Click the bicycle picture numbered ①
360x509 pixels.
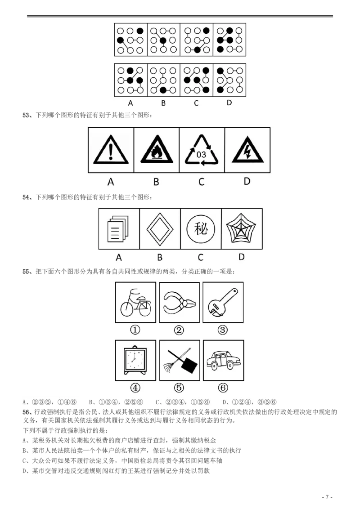(135, 302)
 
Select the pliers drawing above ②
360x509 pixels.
(179, 302)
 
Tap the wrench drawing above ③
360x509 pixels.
(223, 302)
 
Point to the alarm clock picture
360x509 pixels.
(135, 360)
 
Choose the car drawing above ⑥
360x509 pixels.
(223, 360)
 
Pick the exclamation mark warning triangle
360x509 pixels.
(111, 151)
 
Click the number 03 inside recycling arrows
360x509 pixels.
(202, 154)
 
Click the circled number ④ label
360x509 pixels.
(135, 388)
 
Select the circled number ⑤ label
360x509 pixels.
(179, 388)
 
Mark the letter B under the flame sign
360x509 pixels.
(156, 182)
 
